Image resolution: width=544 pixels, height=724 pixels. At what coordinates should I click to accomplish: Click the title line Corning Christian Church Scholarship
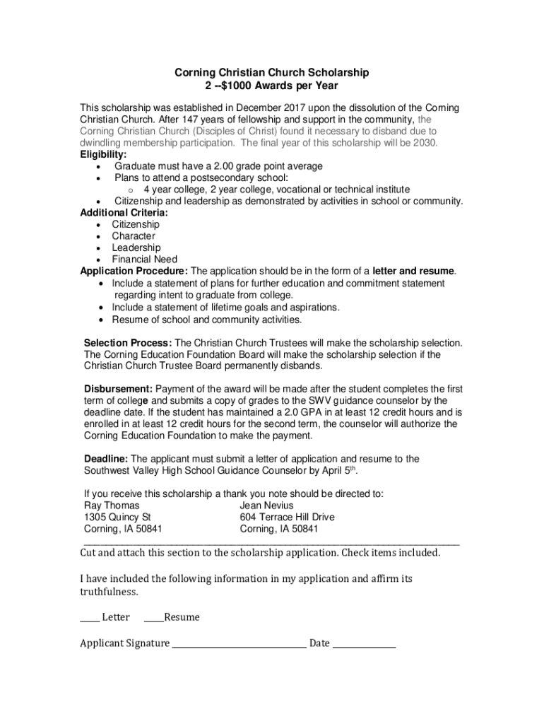(272, 73)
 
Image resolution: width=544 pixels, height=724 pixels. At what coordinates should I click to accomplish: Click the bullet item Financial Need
(144, 259)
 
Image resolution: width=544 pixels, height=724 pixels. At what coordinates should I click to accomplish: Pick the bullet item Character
(134, 236)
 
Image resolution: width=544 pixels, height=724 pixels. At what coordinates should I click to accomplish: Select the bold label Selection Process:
(128, 343)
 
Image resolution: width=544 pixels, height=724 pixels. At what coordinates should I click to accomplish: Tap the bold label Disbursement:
(118, 389)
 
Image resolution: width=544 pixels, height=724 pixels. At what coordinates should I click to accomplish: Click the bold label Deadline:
(106, 459)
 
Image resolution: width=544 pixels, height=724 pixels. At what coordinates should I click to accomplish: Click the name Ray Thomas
(112, 506)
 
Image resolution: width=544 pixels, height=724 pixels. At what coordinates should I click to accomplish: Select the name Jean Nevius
(266, 506)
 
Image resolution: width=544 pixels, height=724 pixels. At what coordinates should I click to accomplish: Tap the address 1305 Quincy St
(117, 518)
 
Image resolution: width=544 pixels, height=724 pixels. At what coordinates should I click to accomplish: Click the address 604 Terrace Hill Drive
(287, 518)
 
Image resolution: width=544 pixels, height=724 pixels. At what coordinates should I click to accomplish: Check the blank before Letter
(89, 619)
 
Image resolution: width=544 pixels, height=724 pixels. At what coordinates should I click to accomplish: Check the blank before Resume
(153, 619)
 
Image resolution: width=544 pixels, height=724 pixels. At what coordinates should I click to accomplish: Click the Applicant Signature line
(239, 644)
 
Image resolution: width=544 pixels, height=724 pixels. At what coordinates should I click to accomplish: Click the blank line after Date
(364, 644)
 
